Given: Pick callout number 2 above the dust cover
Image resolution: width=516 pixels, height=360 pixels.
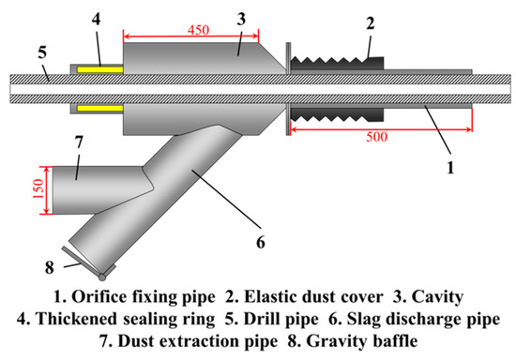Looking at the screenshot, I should coord(372,22).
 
